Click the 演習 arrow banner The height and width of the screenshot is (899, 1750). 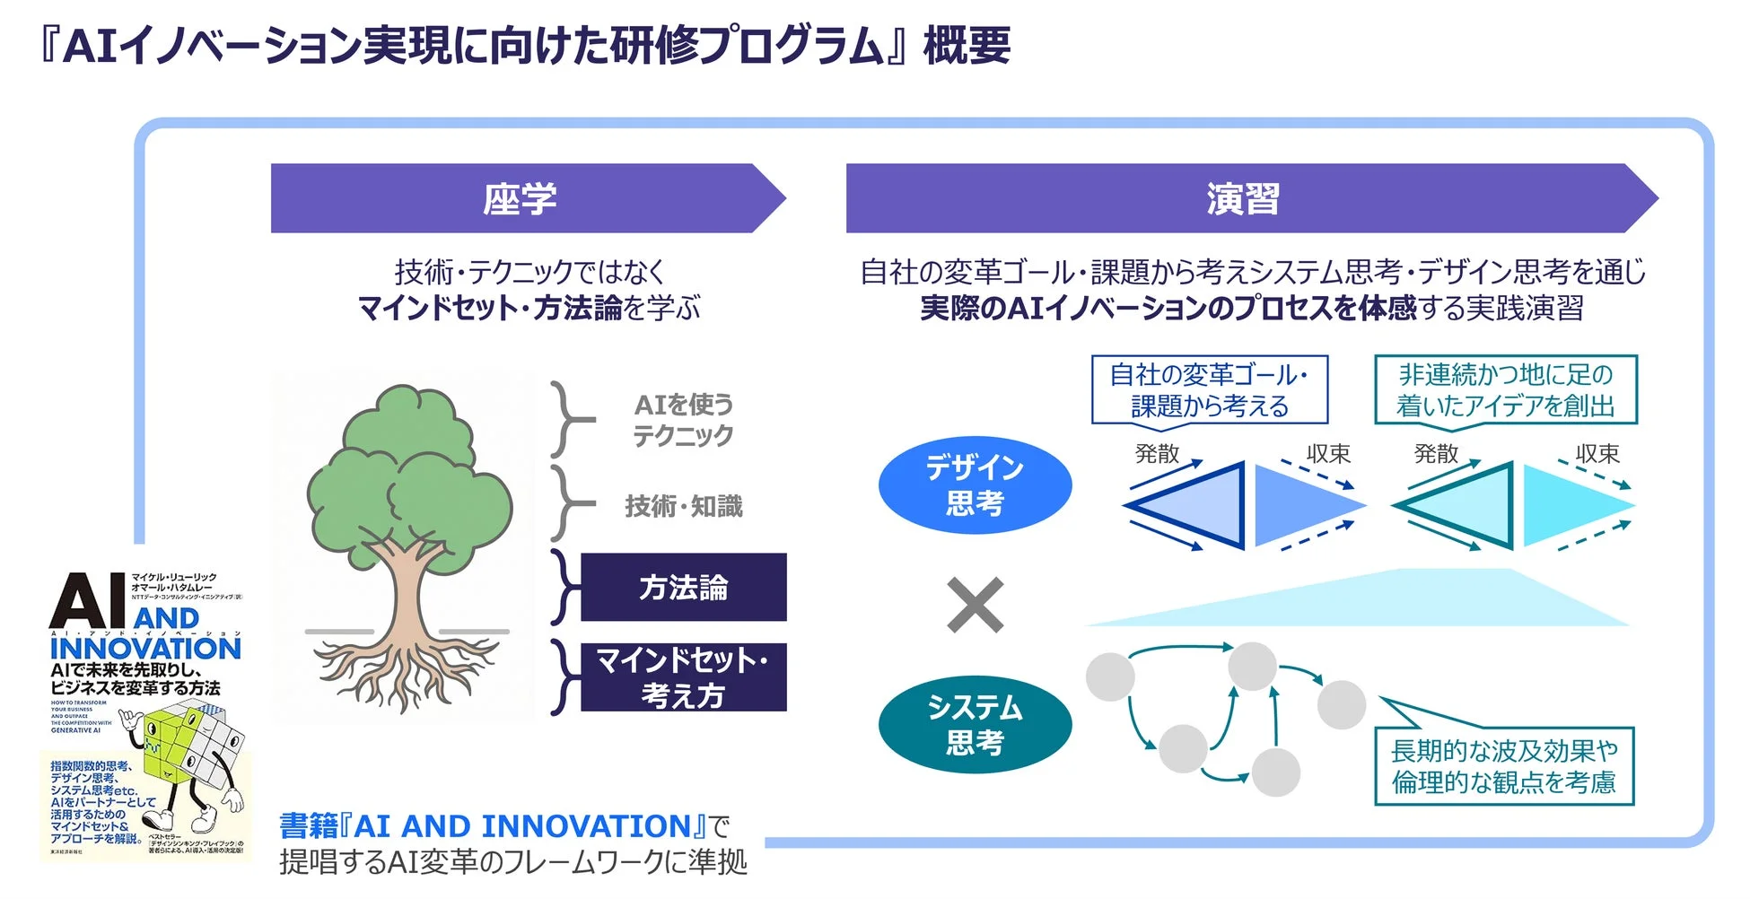click(x=1243, y=198)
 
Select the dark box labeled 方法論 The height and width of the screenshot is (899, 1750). click(x=683, y=588)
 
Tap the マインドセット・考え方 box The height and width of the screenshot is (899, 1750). click(x=683, y=677)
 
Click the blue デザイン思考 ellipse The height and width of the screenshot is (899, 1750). click(x=975, y=485)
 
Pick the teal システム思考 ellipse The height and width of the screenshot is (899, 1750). click(x=975, y=725)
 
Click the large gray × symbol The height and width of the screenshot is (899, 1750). click(x=976, y=606)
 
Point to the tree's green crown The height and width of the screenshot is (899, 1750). click(x=408, y=467)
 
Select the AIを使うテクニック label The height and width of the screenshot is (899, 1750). click(x=683, y=419)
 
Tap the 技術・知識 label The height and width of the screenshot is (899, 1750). click(x=683, y=506)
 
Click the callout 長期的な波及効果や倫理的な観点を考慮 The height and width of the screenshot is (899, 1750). click(x=1503, y=766)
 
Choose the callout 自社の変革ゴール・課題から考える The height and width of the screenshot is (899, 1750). click(x=1209, y=390)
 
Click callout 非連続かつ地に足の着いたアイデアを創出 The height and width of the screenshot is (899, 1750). click(x=1505, y=390)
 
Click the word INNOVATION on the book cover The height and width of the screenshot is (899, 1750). click(x=145, y=648)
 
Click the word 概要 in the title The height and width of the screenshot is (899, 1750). click(x=967, y=45)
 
